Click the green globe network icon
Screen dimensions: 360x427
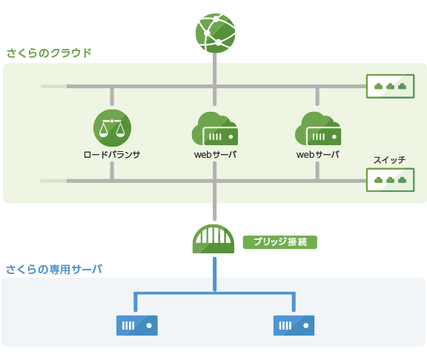(x=215, y=33)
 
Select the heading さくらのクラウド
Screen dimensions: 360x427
(x=49, y=53)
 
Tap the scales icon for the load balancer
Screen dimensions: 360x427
(x=112, y=127)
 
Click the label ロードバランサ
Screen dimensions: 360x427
(x=112, y=155)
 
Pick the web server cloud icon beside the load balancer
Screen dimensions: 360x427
(x=214, y=130)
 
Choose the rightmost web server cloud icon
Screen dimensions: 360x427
(x=317, y=130)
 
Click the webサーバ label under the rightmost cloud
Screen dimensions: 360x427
(x=317, y=155)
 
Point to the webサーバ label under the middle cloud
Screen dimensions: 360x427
(x=215, y=155)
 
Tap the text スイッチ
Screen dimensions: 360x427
(x=389, y=160)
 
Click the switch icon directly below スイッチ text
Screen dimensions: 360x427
(x=390, y=180)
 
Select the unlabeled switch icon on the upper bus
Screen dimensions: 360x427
(x=390, y=87)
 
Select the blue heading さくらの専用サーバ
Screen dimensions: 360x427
(x=53, y=269)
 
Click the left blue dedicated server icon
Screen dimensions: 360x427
(x=137, y=325)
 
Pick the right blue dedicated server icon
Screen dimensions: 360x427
(x=294, y=325)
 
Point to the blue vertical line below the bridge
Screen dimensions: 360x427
(x=214, y=274)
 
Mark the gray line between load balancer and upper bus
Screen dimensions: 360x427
(x=112, y=97)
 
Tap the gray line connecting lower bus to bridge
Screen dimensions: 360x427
(x=214, y=201)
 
